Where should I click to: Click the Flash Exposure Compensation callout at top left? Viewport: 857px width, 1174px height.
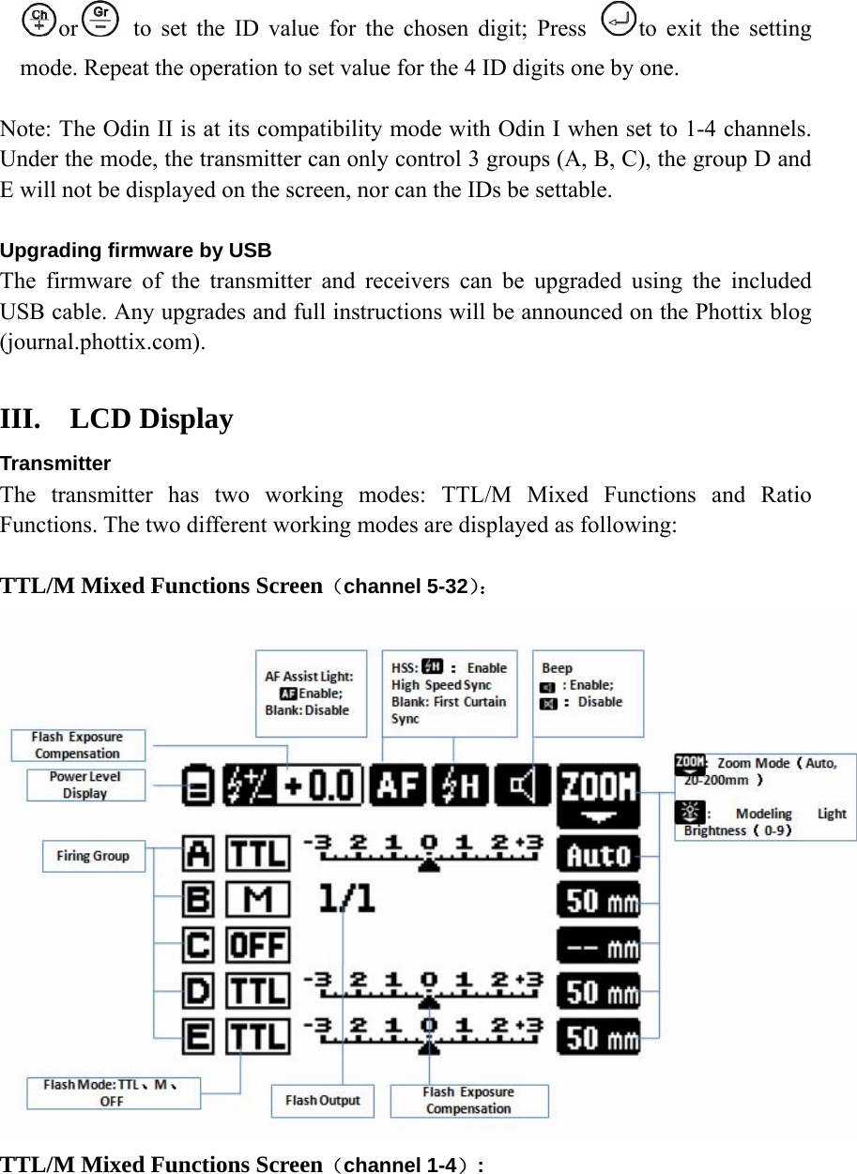(x=78, y=745)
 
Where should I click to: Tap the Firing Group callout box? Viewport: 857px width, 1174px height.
(x=93, y=856)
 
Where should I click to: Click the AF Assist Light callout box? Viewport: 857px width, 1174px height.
(x=310, y=693)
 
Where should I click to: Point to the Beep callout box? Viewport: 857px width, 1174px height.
(x=588, y=693)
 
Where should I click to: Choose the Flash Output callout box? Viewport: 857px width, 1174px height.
(x=322, y=1100)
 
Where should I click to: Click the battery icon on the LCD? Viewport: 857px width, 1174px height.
(x=198, y=786)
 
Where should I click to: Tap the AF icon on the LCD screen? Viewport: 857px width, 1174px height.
(x=398, y=785)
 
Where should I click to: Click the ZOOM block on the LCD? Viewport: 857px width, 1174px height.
(x=598, y=793)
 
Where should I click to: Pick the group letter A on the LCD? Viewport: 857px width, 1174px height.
(x=198, y=854)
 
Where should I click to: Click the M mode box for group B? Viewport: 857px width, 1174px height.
(x=258, y=900)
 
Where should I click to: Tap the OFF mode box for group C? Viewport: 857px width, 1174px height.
(x=258, y=945)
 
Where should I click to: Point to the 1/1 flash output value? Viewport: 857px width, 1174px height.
(x=346, y=899)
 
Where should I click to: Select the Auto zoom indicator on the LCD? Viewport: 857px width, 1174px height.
(x=599, y=855)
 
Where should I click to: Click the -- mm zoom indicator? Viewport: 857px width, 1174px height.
(x=599, y=946)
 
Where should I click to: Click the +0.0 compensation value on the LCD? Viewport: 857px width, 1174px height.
(x=323, y=785)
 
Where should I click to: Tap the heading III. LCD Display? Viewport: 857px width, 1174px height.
(x=117, y=419)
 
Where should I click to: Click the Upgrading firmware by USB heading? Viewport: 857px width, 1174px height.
(x=135, y=251)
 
